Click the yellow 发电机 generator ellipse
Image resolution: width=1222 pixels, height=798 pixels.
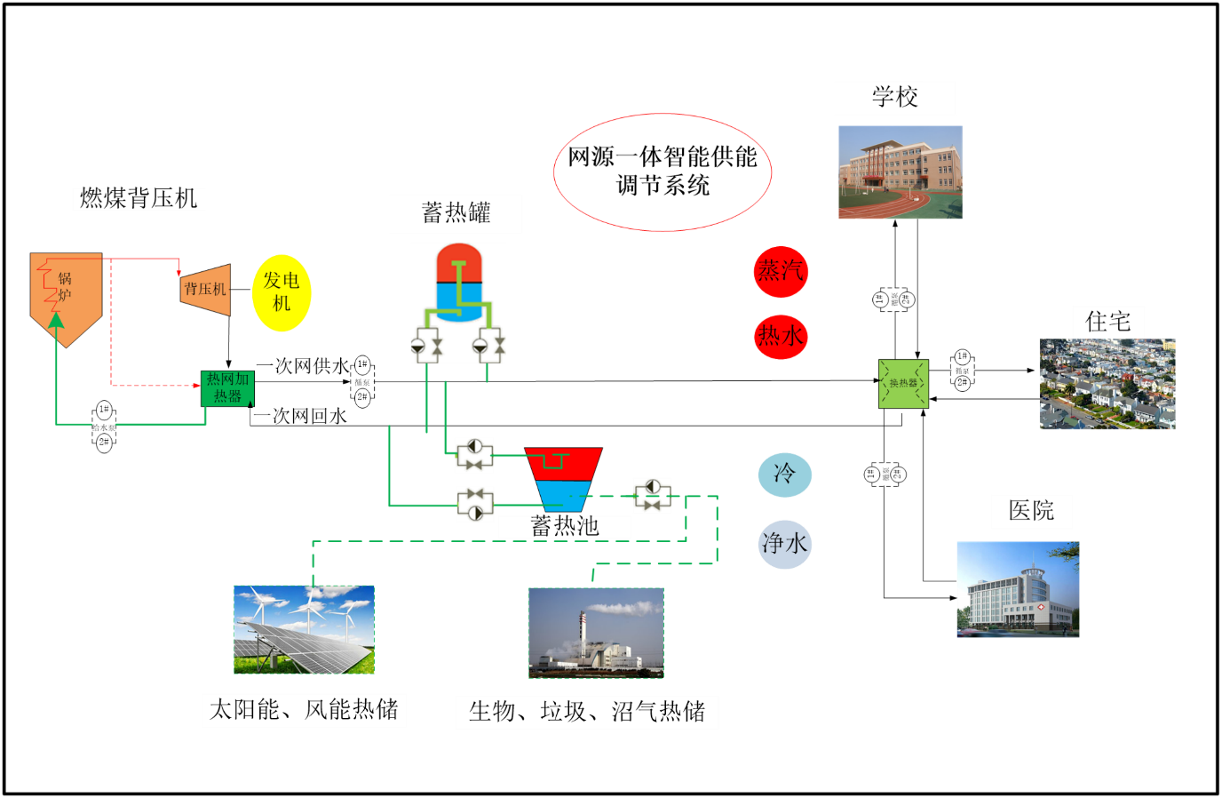282,292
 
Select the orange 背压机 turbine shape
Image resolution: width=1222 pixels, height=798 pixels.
206,290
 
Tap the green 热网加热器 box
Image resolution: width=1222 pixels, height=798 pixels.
227,388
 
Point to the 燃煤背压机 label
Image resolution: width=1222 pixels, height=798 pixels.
139,199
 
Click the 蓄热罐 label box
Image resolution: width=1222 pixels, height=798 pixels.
456,214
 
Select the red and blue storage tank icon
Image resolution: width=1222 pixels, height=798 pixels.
458,302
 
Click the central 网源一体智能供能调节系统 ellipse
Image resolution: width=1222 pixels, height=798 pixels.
663,172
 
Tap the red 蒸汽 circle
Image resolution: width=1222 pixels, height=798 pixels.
781,271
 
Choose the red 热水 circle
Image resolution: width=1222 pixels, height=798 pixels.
781,336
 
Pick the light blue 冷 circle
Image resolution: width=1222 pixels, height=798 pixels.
784,474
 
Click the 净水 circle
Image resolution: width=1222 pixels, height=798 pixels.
785,544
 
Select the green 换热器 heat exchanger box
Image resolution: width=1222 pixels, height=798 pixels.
903,383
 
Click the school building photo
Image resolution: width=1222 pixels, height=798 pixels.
900,172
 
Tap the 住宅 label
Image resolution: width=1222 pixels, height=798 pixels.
1108,322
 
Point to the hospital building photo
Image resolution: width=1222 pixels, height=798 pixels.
1018,589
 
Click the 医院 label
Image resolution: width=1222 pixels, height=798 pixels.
1032,511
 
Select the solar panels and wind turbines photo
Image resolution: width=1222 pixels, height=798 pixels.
304,629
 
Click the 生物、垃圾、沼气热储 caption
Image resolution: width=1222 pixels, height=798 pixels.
586,712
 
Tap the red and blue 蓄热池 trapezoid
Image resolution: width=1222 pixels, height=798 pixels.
564,478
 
